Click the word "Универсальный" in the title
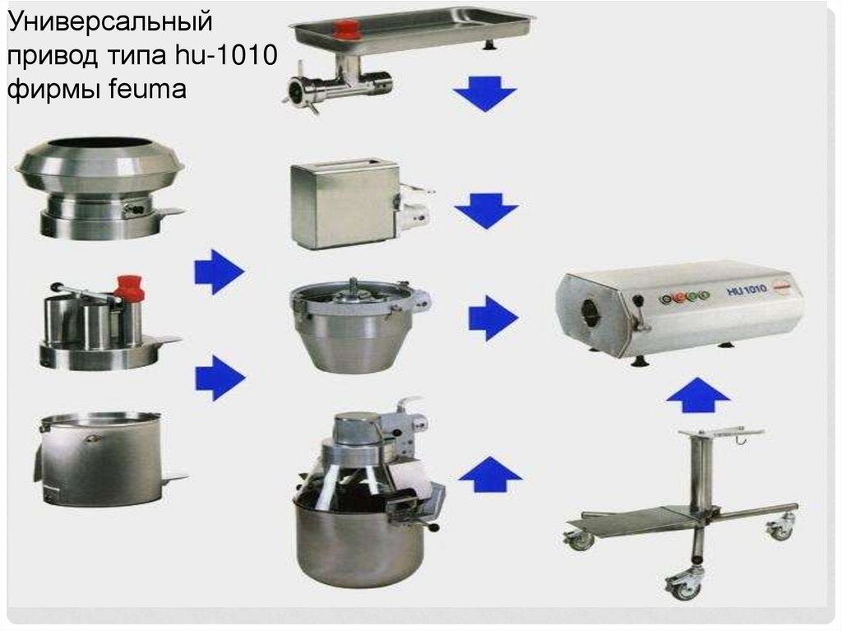pos(110,22)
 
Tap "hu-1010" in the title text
pos(226,55)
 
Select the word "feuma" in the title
pos(147,88)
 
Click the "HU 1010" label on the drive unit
pos(747,290)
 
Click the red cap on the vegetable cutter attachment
pos(129,288)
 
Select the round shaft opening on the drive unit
pos(592,311)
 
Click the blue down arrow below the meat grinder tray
pos(485,93)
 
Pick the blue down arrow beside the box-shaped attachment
pos(487,211)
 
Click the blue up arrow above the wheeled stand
pos(698,395)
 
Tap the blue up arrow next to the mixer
pos(490,475)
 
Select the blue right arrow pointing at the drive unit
pos(493,318)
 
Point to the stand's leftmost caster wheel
pos(578,539)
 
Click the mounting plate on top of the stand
pos(720,432)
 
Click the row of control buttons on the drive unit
pos(684,296)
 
